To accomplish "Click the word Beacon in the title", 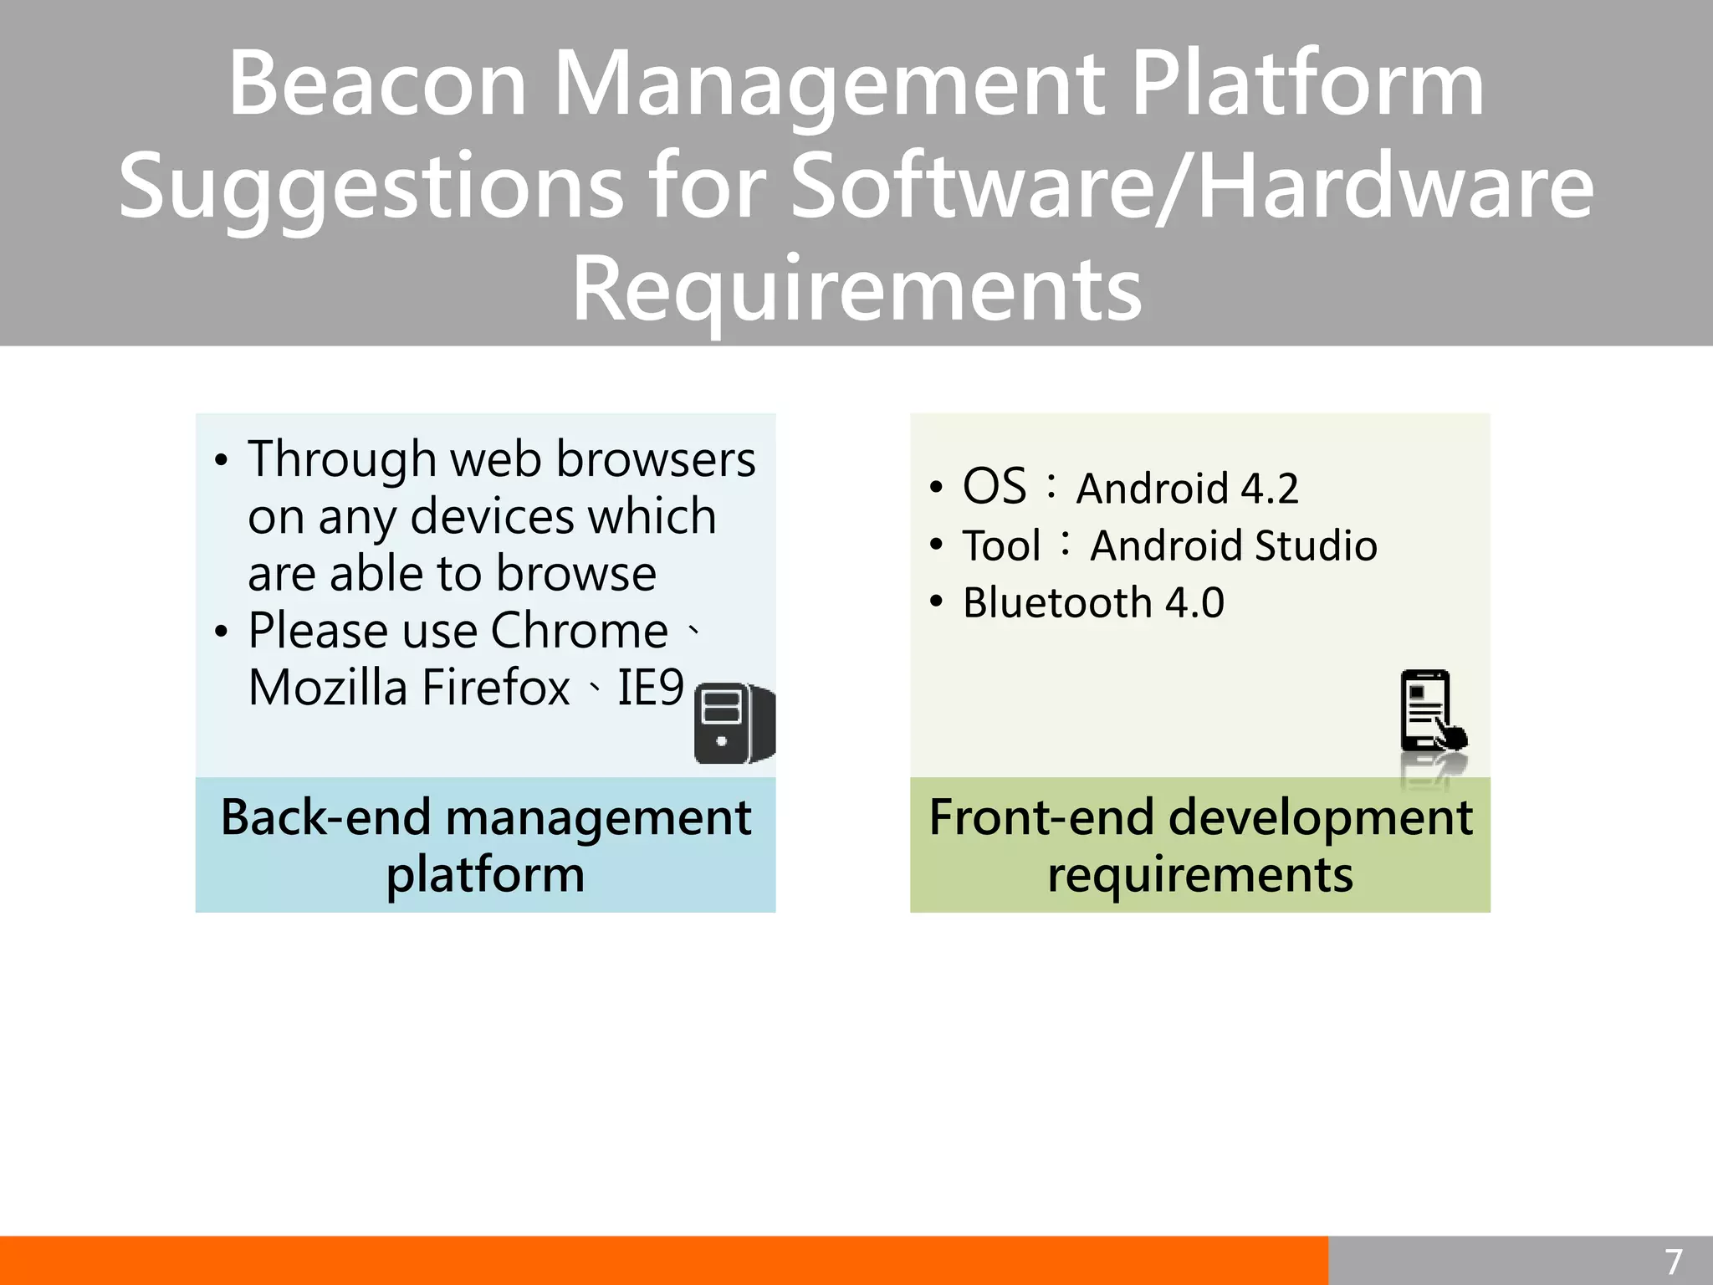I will point(377,84).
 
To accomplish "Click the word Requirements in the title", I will point(856,289).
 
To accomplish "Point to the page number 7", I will point(1673,1262).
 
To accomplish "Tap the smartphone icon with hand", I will point(1432,711).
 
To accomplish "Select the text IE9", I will point(650,688).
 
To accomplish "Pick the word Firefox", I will point(495,688).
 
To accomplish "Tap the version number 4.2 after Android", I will point(1269,489).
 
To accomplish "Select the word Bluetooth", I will point(1057,602).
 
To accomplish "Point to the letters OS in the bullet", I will point(994,486).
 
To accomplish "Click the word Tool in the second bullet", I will point(1001,545).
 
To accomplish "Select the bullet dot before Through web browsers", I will point(221,461).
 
